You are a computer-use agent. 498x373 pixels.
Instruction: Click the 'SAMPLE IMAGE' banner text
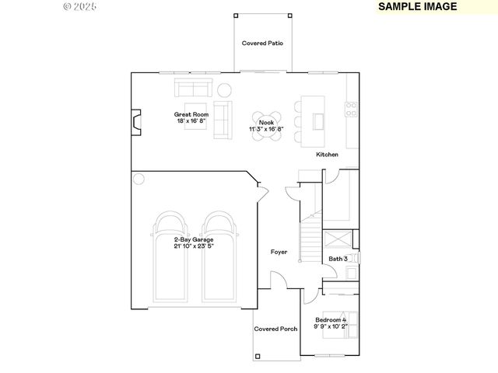418,6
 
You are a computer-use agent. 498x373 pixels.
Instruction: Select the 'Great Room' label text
191,114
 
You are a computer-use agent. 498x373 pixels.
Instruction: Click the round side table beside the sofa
224,89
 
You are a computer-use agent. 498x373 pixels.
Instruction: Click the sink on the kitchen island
318,120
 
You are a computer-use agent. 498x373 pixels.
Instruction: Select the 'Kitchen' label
327,155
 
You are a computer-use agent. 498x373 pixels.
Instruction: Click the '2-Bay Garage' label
193,239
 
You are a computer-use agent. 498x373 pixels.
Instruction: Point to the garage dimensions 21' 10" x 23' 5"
193,246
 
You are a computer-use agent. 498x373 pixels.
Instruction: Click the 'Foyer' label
279,252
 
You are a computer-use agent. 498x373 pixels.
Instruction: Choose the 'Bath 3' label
338,258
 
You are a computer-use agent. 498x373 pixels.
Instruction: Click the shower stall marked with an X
338,239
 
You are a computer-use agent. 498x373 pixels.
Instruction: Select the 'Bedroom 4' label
331,320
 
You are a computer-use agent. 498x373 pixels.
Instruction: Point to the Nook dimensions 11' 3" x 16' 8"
267,128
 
